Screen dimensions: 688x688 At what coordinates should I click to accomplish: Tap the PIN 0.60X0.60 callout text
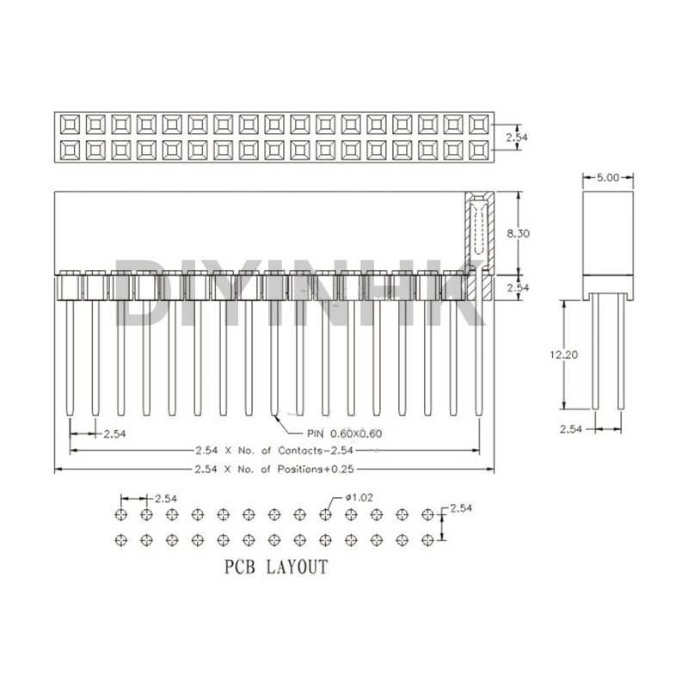pos(344,433)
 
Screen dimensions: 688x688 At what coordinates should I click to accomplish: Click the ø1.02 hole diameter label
pos(356,497)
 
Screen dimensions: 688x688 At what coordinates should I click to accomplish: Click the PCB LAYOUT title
pos(275,567)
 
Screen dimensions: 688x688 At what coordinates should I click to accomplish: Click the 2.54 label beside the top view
pos(516,137)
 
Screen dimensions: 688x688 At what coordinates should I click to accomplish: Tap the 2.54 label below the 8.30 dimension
pos(518,288)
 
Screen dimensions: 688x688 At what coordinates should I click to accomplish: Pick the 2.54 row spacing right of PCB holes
pos(462,509)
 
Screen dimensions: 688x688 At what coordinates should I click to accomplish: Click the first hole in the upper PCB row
pos(120,514)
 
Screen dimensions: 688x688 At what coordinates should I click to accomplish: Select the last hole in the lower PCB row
pos(427,540)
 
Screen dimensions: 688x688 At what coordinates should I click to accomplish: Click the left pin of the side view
pos(594,353)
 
